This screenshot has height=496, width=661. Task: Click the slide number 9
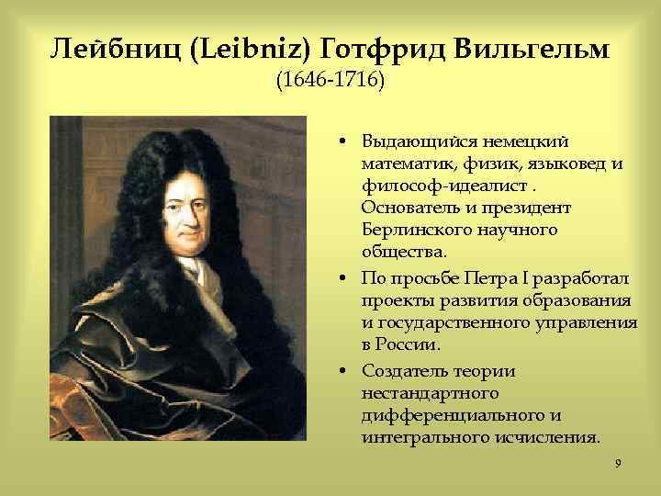(619, 463)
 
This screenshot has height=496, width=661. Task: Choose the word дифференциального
(440, 414)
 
